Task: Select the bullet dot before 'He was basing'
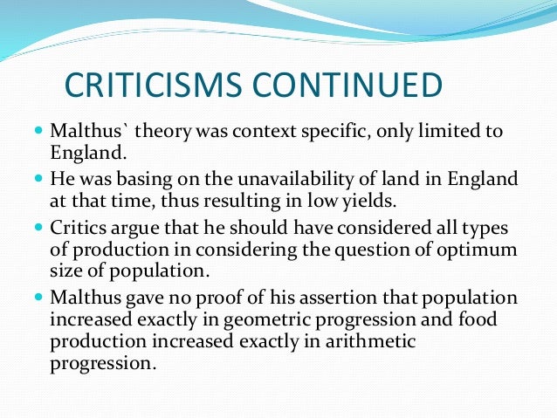[38, 179]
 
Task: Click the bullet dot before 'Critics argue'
[38, 227]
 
